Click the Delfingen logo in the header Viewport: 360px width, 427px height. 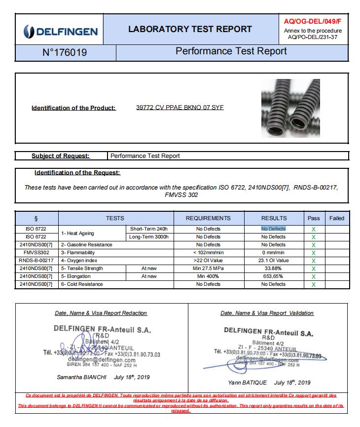click(60, 31)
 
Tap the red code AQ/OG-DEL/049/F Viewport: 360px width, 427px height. click(313, 22)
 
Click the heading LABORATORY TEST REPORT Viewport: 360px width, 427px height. click(190, 29)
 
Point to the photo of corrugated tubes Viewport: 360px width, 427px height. click(290, 108)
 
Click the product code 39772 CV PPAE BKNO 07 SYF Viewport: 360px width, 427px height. click(180, 108)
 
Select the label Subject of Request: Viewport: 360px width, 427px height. click(61, 156)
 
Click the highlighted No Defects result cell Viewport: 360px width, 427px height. click(273, 229)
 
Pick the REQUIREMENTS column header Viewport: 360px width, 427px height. click(208, 218)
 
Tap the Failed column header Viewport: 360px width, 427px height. click(337, 218)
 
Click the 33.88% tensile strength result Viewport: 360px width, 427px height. click(273, 269)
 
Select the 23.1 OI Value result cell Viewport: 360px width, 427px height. click(273, 261)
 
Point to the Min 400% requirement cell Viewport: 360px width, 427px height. click(208, 276)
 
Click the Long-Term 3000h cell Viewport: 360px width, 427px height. click(148, 237)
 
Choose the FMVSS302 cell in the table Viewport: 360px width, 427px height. click(36, 253)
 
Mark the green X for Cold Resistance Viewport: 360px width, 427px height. click(314, 285)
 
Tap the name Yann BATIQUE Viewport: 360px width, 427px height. click(247, 383)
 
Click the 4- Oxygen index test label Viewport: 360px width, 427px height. click(79, 261)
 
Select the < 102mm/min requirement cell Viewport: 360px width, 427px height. click(208, 253)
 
